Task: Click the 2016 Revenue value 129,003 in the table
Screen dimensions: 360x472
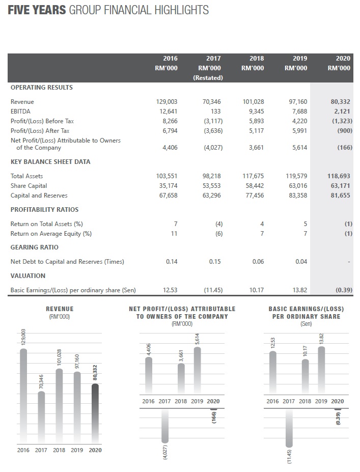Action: click(167, 102)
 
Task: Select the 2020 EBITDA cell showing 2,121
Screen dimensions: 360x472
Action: click(342, 112)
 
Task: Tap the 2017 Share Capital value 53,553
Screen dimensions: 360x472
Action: click(212, 186)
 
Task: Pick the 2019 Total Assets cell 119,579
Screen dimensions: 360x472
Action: click(296, 176)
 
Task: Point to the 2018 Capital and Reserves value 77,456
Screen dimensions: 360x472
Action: click(255, 196)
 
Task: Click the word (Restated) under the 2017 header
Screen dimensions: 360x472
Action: click(208, 78)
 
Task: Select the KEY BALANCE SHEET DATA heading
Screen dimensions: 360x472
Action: click(50, 161)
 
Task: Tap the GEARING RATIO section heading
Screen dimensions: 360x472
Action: click(35, 247)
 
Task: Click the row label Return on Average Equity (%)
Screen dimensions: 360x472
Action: click(51, 234)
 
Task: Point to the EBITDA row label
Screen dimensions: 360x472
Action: click(20, 112)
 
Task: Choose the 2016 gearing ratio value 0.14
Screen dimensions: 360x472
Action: click(172, 262)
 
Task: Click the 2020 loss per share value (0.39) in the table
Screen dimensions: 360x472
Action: click(344, 290)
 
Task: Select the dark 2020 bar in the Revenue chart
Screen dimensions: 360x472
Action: click(95, 414)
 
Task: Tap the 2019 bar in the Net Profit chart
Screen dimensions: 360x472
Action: click(198, 371)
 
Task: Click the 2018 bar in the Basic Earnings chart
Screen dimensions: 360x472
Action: click(305, 377)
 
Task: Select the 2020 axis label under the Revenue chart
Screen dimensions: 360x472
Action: click(95, 450)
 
